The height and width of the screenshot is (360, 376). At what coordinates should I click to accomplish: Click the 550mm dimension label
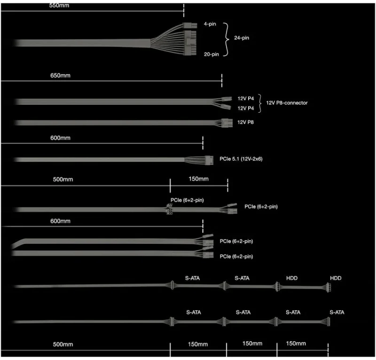tap(59, 5)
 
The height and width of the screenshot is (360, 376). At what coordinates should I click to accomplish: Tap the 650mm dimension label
tap(61, 76)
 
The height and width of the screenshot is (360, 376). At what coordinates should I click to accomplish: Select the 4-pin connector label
tap(210, 24)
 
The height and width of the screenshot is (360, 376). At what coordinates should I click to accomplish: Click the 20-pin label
tap(211, 55)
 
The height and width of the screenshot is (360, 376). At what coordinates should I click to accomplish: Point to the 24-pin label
tap(242, 38)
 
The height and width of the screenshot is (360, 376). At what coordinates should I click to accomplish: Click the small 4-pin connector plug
tap(190, 25)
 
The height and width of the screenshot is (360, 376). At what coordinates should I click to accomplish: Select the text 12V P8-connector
tap(287, 103)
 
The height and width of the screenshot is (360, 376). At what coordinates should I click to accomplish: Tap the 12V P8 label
tap(245, 122)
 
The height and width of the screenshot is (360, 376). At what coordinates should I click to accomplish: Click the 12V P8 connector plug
tap(227, 123)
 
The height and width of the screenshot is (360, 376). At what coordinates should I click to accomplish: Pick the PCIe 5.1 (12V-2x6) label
tap(241, 159)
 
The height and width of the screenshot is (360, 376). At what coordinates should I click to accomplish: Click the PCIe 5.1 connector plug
tap(209, 160)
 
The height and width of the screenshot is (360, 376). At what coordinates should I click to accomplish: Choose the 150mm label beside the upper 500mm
tap(198, 179)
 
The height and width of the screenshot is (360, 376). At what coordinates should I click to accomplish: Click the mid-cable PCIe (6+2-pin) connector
tap(169, 209)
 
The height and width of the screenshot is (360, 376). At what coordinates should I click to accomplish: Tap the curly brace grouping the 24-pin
tap(226, 39)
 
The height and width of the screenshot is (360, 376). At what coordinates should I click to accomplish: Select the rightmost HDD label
tap(336, 278)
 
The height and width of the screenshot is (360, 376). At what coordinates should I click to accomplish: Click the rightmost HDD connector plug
tap(328, 287)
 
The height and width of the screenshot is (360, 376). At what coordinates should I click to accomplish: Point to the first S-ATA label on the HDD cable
tap(192, 278)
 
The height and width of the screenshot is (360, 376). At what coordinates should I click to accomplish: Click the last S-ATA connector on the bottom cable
tap(328, 321)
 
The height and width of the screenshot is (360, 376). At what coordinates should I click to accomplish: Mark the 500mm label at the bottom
tap(63, 344)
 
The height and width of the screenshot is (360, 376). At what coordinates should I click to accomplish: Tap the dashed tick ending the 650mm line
tap(222, 80)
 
